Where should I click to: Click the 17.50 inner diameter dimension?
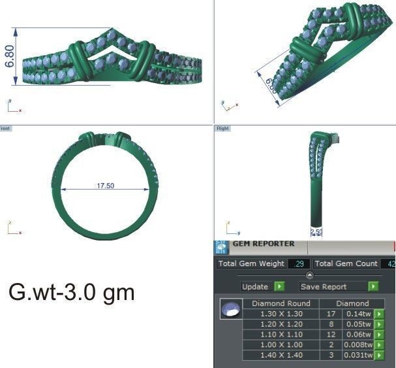(x=106, y=186)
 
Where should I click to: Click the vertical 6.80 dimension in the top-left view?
(x=10, y=56)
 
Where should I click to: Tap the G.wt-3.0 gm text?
(x=72, y=292)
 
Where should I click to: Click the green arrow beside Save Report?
(x=373, y=286)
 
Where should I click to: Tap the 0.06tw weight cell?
(x=358, y=335)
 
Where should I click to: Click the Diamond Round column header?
(x=281, y=303)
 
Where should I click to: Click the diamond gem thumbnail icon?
(x=229, y=309)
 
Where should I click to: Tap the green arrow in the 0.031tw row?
(x=379, y=355)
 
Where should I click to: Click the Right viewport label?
(x=221, y=129)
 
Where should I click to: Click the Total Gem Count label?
(x=346, y=263)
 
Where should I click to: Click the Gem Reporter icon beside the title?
(x=222, y=247)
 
